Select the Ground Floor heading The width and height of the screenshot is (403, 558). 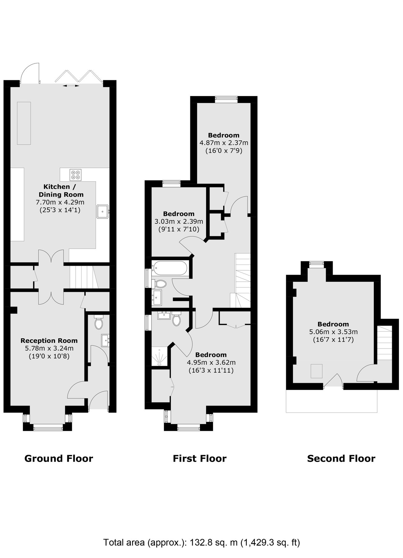pos(59,458)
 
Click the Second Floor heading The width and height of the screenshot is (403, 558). pos(341,458)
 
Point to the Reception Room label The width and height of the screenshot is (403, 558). pos(49,340)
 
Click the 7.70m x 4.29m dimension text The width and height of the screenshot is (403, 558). pos(60,202)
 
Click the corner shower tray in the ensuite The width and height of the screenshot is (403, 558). pos(160,357)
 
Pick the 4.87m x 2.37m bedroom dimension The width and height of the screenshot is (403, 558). pos(224,143)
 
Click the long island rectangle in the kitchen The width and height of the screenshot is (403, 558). pos(24,123)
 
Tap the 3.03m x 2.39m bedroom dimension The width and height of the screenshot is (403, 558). pos(179,221)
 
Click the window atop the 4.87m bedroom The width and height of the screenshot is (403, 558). pos(226,99)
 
